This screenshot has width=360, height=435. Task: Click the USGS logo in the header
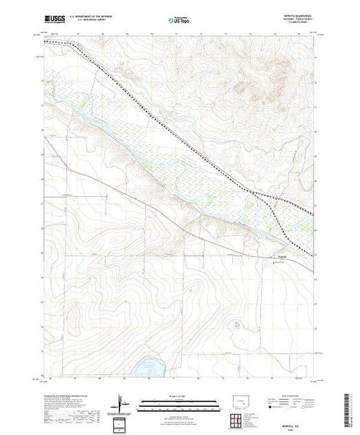(55, 21)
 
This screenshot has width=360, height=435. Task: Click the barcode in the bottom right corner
(349, 407)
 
